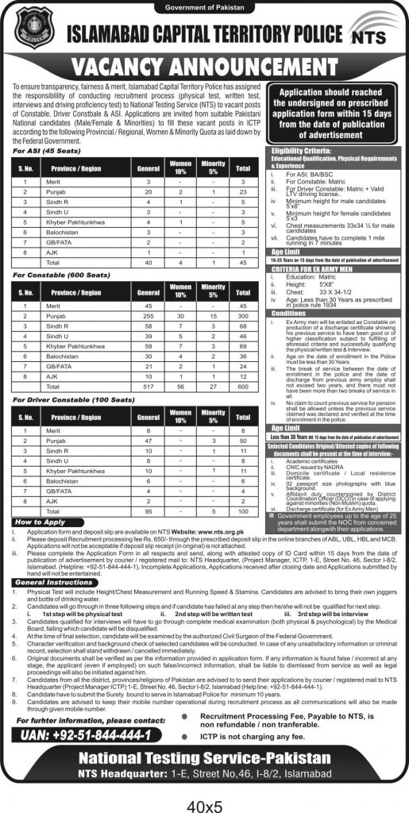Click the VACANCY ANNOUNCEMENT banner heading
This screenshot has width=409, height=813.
coord(204,67)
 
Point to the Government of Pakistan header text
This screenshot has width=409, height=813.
coord(204,7)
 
